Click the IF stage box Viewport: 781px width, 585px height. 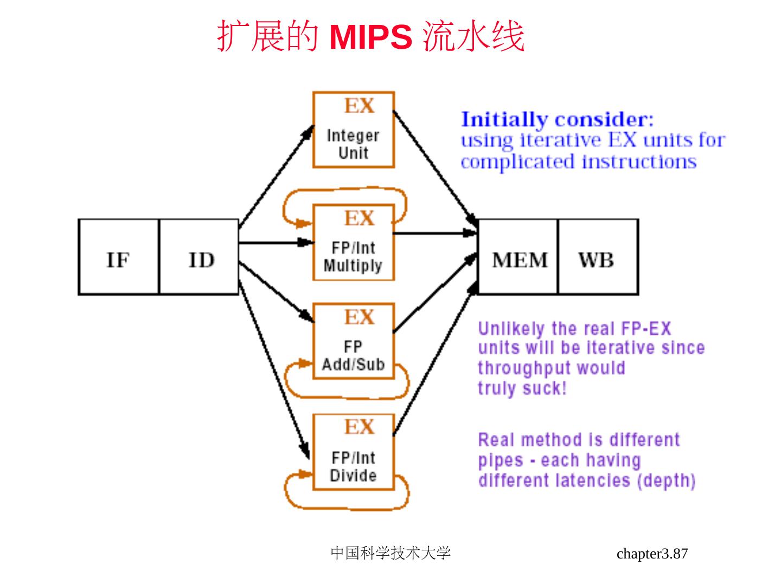[x=119, y=257]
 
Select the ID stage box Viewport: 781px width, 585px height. [x=199, y=257]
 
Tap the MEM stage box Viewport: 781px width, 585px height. [x=518, y=257]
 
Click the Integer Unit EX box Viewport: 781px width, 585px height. [x=354, y=130]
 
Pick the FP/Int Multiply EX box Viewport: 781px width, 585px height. [x=354, y=243]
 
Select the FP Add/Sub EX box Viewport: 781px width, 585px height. [x=354, y=341]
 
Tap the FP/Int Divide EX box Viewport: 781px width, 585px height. [x=354, y=452]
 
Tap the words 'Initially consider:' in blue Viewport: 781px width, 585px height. [x=557, y=119]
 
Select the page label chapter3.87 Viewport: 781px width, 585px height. [x=652, y=554]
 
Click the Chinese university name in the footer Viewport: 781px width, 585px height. [x=390, y=553]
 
